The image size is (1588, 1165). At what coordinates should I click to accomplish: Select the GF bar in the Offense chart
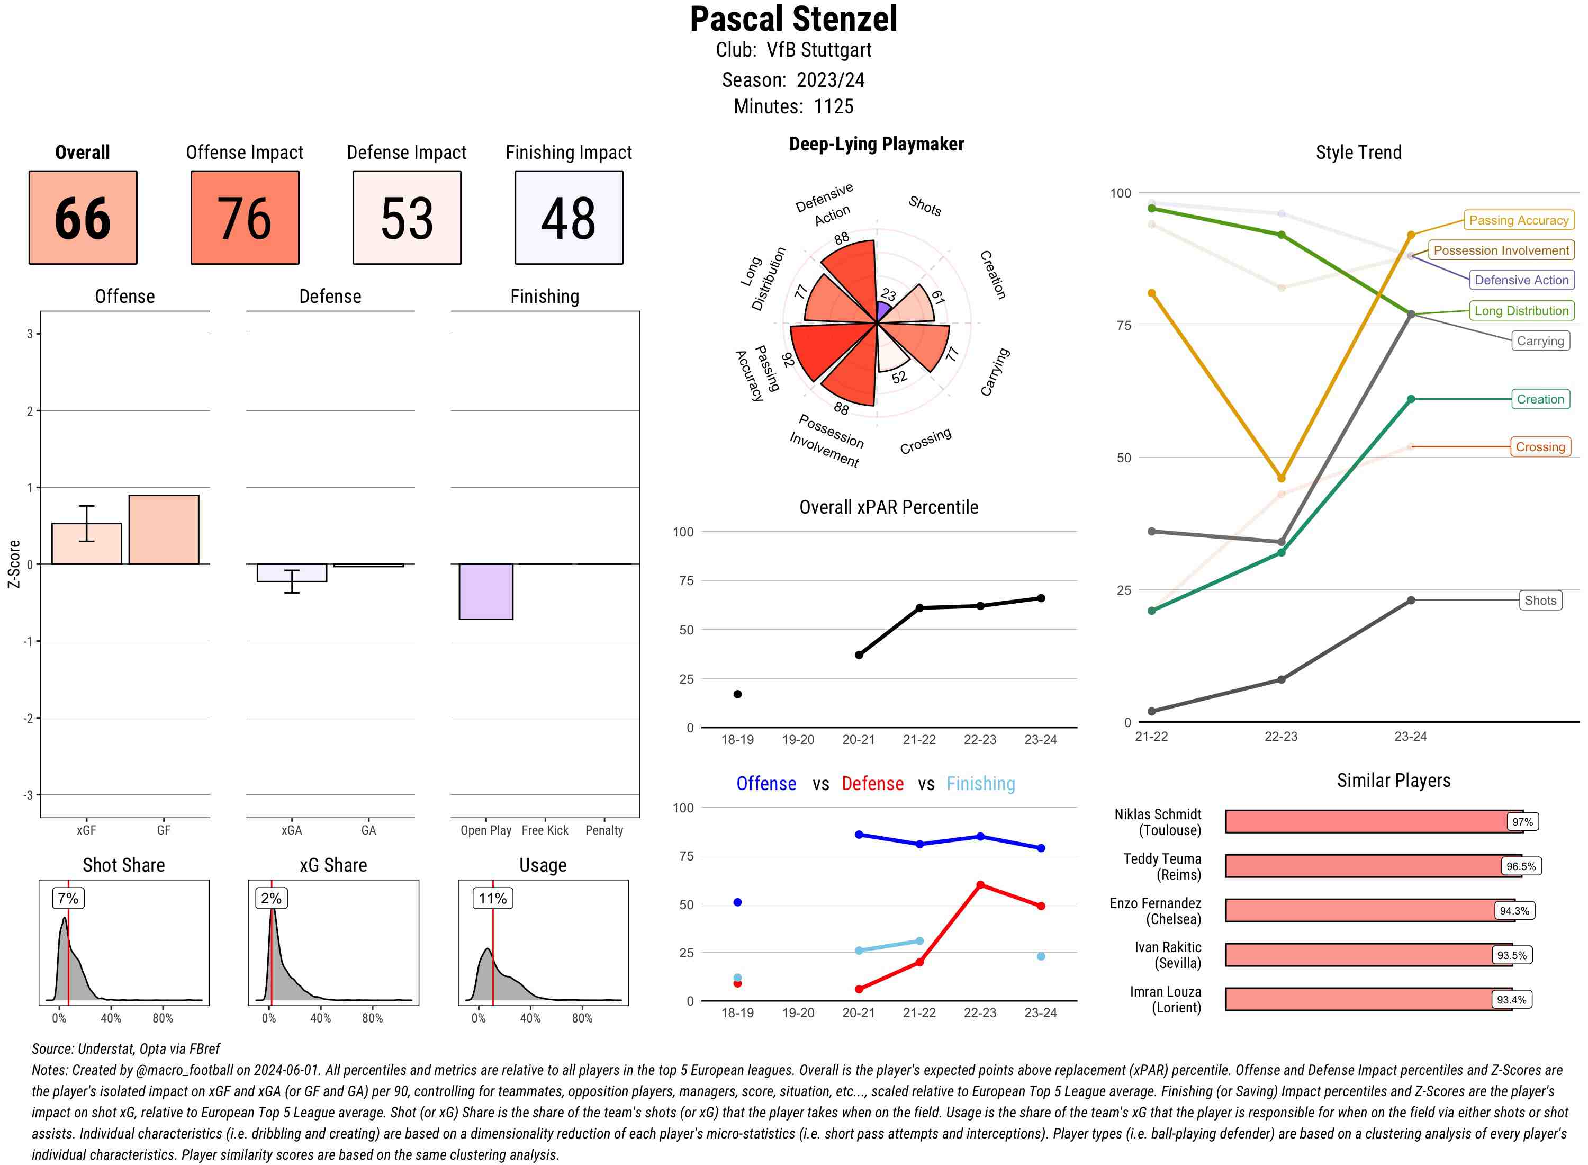tap(164, 529)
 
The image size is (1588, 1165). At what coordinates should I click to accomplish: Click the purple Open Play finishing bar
tap(485, 591)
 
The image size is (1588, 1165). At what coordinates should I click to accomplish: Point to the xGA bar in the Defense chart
tap(291, 572)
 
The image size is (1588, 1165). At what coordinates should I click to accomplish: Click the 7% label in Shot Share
tap(68, 898)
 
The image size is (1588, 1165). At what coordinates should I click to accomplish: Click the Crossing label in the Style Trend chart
tap(1539, 446)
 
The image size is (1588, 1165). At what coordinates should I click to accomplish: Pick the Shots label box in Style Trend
tap(1539, 600)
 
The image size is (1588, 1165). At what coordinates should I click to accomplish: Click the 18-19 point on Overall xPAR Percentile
tap(737, 694)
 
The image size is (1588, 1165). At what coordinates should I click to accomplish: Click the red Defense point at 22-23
tap(980, 884)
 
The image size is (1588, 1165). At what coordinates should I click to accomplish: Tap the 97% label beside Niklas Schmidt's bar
tap(1522, 821)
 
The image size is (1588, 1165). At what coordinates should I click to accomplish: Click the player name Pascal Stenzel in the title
tap(793, 19)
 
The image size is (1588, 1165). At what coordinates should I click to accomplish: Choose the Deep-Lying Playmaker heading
tap(876, 144)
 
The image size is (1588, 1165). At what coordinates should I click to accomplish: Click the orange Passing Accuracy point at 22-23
tap(1280, 478)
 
